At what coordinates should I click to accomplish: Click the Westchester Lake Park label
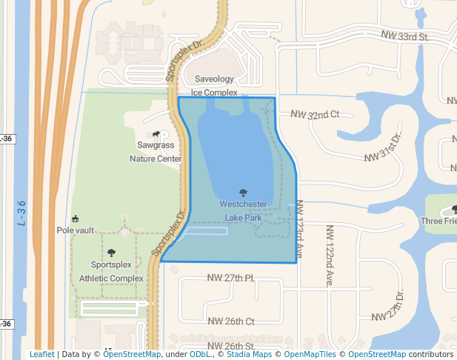pyautogui.click(x=243, y=210)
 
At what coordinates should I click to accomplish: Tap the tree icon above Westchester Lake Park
pyautogui.click(x=243, y=193)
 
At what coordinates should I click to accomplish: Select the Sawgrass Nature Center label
pyautogui.click(x=156, y=152)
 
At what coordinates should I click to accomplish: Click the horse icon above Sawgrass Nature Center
pyautogui.click(x=156, y=134)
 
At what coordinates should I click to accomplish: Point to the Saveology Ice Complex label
pyautogui.click(x=214, y=86)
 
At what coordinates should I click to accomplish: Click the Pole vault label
pyautogui.click(x=75, y=230)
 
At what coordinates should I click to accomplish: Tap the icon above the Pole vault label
pyautogui.click(x=75, y=219)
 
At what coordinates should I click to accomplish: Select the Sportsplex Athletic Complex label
pyautogui.click(x=111, y=271)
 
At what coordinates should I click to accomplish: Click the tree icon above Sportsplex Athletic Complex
pyautogui.click(x=111, y=253)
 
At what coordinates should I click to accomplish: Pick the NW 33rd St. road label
pyautogui.click(x=405, y=36)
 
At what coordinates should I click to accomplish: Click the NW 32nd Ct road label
pyautogui.click(x=314, y=115)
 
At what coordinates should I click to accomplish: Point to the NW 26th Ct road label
pyautogui.click(x=231, y=321)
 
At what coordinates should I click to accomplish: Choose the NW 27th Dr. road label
pyautogui.click(x=390, y=304)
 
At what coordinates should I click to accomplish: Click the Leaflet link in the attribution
pyautogui.click(x=41, y=355)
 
